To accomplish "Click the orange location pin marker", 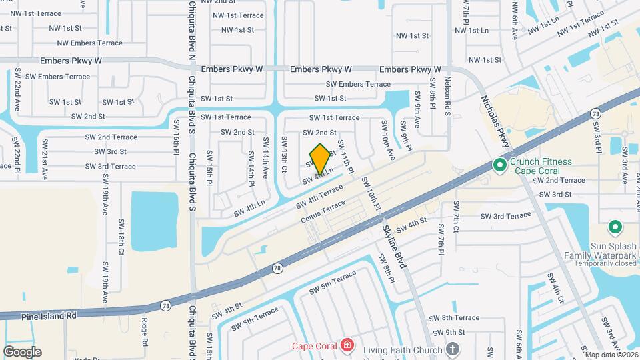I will coord(320,159).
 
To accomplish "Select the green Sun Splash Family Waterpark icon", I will coord(615,229).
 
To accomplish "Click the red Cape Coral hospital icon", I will coord(347,345).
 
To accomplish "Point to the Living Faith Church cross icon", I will coord(453,349).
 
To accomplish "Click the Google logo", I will coord(22,351).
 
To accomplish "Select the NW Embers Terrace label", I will coord(90,43).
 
